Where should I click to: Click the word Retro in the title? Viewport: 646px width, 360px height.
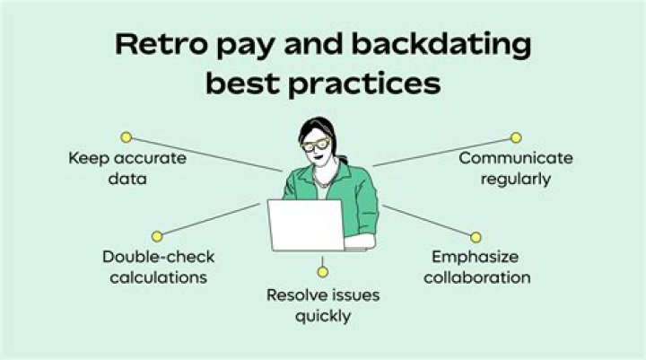pyautogui.click(x=161, y=44)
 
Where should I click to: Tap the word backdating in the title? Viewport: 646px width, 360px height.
pyautogui.click(x=442, y=46)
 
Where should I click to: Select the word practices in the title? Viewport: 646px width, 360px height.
pyautogui.click(x=364, y=84)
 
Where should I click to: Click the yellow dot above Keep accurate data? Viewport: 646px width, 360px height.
pyautogui.click(x=127, y=137)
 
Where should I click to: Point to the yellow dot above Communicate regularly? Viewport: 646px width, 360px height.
pyautogui.click(x=516, y=137)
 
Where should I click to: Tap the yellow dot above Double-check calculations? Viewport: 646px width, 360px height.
pyautogui.click(x=157, y=236)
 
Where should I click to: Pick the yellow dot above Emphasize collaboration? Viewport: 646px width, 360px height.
pyautogui.click(x=476, y=237)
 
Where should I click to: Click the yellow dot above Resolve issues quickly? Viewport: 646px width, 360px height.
pyautogui.click(x=323, y=272)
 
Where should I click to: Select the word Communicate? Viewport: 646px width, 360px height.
pyautogui.click(x=516, y=158)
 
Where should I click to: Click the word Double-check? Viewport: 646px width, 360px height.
pyautogui.click(x=159, y=257)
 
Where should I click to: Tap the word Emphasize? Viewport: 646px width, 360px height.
pyautogui.click(x=475, y=257)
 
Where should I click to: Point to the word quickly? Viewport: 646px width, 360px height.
pyautogui.click(x=323, y=316)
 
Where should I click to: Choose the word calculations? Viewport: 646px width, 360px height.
pyautogui.click(x=159, y=277)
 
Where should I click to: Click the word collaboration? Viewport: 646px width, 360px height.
pyautogui.click(x=477, y=277)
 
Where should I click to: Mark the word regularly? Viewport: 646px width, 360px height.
pyautogui.click(x=516, y=180)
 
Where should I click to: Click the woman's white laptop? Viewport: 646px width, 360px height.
pyautogui.click(x=306, y=225)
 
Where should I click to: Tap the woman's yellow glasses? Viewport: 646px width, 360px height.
pyautogui.click(x=317, y=145)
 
